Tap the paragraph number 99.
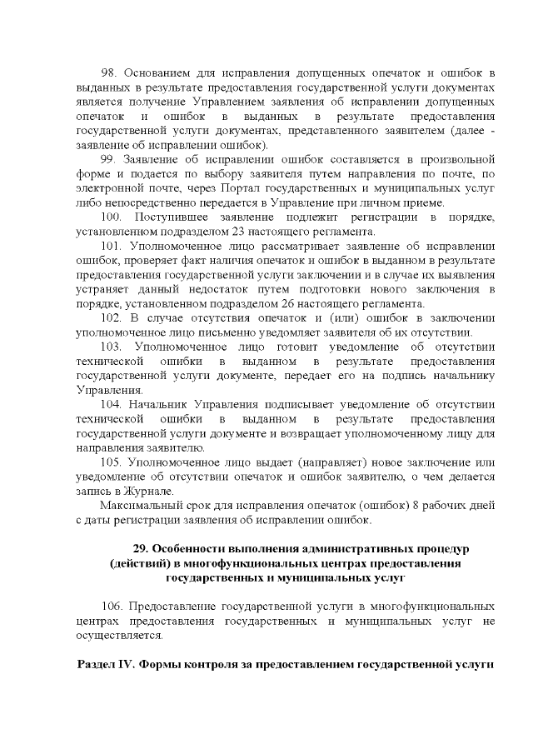coord(108,158)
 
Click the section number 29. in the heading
coord(142,550)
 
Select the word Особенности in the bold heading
coord(192,550)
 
